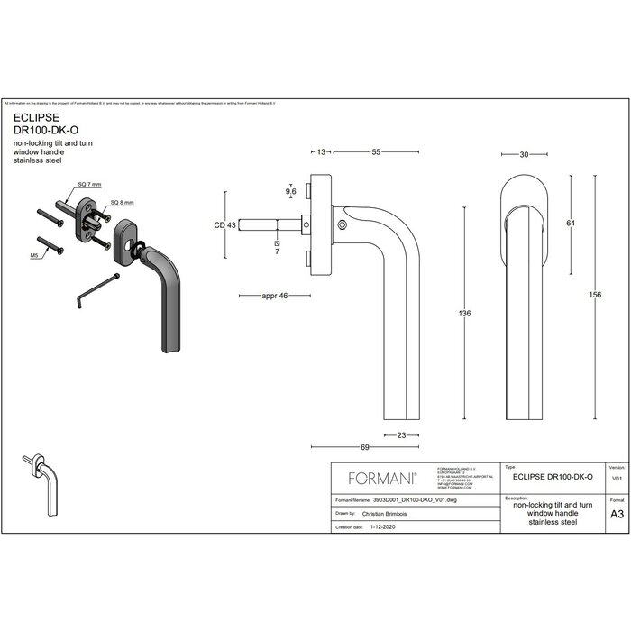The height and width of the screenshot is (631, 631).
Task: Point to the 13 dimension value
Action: point(321,153)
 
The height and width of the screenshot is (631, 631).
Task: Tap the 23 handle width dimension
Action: point(402,435)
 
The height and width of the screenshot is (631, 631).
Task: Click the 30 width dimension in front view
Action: point(524,154)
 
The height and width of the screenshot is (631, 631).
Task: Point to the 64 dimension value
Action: point(570,223)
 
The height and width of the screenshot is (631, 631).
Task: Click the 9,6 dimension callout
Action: point(290,192)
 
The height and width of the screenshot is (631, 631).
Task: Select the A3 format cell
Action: point(617,515)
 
